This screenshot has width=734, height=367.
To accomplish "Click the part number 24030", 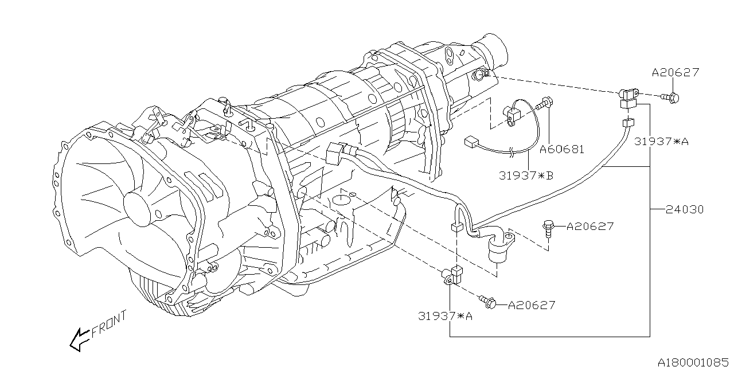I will pyautogui.click(x=685, y=210).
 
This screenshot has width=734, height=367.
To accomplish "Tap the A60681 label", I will pyautogui.click(x=562, y=149).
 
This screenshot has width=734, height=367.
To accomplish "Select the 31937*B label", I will pyautogui.click(x=526, y=175).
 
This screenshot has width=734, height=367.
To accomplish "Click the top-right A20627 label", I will pyautogui.click(x=676, y=73).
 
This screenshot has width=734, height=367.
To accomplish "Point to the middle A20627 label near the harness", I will pyautogui.click(x=589, y=227).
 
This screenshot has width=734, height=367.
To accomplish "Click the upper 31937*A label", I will pyautogui.click(x=661, y=142).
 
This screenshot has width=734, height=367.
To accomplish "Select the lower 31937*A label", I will pyautogui.click(x=446, y=315).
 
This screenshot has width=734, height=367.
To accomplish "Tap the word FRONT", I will pyautogui.click(x=109, y=325).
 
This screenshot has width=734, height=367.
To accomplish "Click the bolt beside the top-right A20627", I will pyautogui.click(x=672, y=98).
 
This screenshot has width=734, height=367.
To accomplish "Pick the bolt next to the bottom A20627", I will pyautogui.click(x=489, y=302).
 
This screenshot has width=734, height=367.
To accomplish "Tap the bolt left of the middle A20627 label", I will pyautogui.click(x=548, y=228).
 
